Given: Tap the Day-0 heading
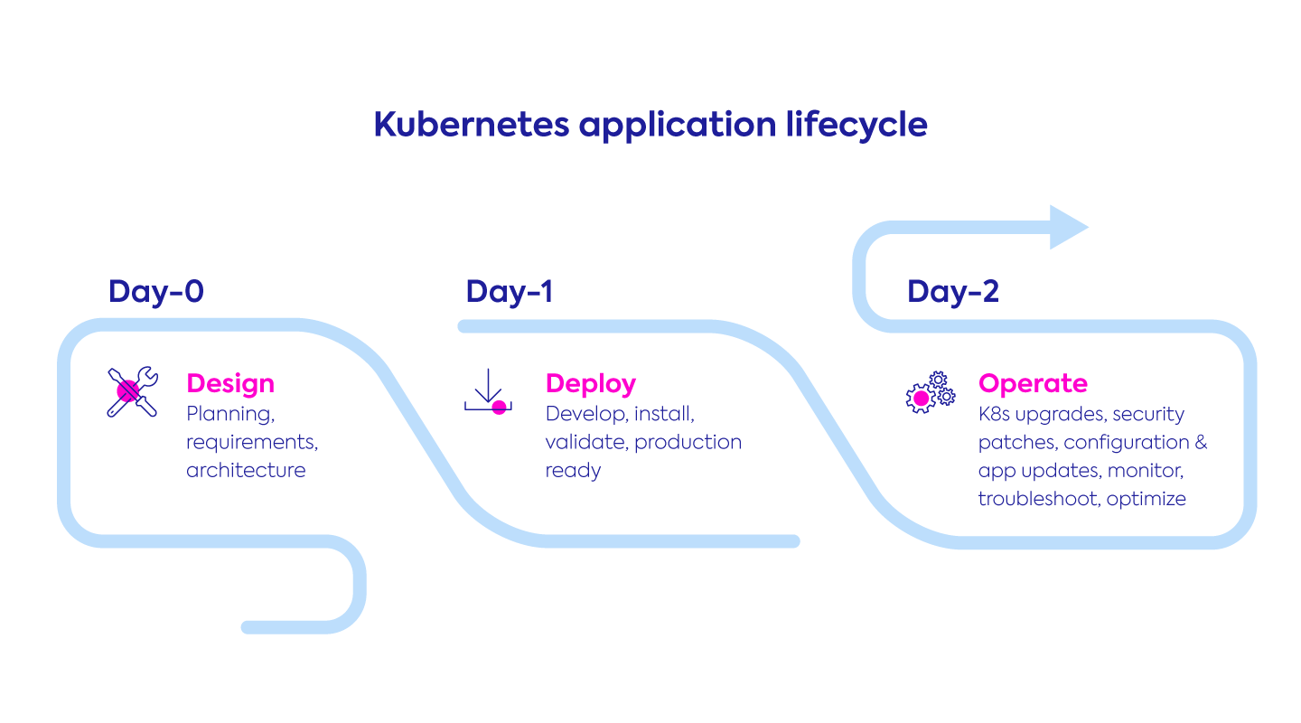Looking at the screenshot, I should pyautogui.click(x=156, y=292).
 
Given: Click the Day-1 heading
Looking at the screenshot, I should pyautogui.click(x=510, y=292).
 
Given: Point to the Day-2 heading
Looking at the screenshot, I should pyautogui.click(x=953, y=292).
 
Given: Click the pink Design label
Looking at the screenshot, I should pyautogui.click(x=230, y=383).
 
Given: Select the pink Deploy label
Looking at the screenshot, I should pyautogui.click(x=591, y=383).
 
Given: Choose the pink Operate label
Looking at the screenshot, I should pyautogui.click(x=1033, y=383).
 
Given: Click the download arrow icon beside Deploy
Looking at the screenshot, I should pyautogui.click(x=488, y=391).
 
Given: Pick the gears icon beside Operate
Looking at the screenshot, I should pyautogui.click(x=930, y=392).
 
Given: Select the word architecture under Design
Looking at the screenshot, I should pyautogui.click(x=246, y=471).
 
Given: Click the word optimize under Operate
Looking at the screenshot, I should pyautogui.click(x=1146, y=499).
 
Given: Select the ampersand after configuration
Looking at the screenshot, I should pyautogui.click(x=1201, y=443).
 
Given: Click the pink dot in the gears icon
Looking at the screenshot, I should pyautogui.click(x=921, y=398).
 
